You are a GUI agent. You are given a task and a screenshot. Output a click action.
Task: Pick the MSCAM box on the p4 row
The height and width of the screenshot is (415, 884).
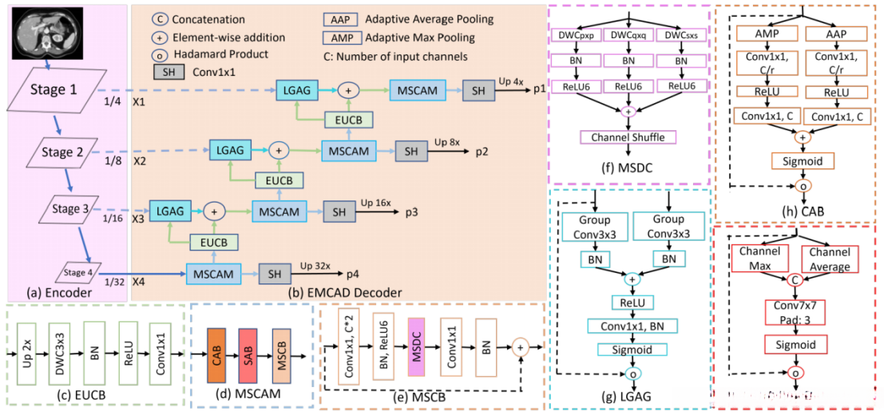click(x=213, y=274)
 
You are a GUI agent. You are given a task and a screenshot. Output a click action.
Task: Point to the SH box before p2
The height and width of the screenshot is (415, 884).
click(x=410, y=150)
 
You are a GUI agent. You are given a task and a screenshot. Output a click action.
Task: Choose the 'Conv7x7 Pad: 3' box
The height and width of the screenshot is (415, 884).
click(x=794, y=311)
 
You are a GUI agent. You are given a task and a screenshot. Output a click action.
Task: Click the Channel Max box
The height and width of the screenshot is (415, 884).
click(x=759, y=256)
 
